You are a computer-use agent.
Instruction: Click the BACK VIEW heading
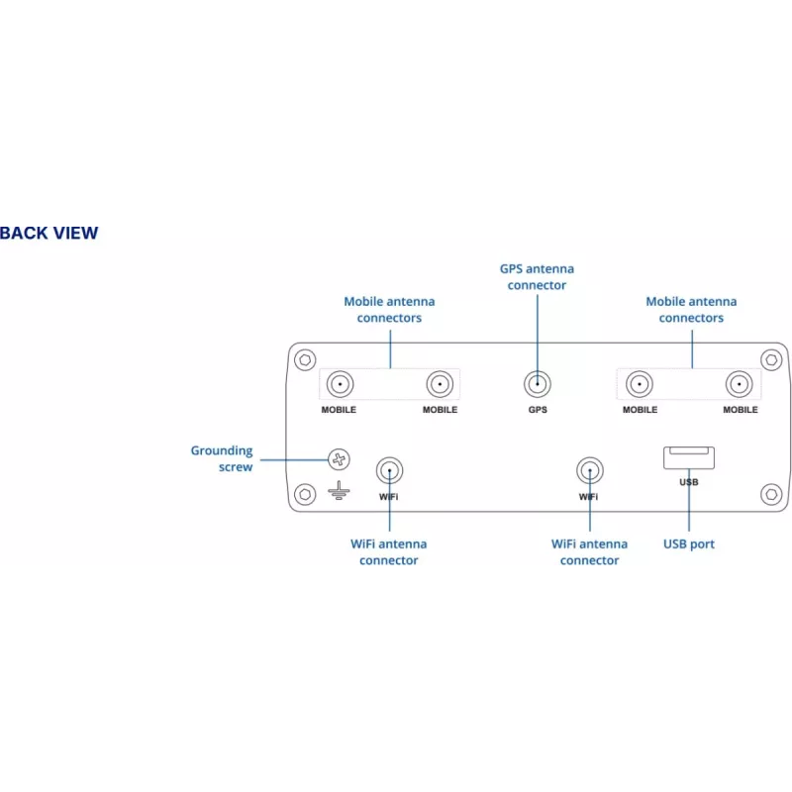(x=49, y=233)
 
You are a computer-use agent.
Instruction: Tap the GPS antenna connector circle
(x=537, y=384)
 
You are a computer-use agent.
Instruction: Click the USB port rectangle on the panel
(x=688, y=457)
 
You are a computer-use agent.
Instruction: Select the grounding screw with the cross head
(x=339, y=459)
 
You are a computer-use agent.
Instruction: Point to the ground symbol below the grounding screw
(x=339, y=490)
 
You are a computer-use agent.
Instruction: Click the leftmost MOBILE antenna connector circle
(x=340, y=384)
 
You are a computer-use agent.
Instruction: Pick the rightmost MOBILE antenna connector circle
(x=739, y=384)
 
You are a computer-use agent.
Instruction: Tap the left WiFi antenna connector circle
(x=389, y=471)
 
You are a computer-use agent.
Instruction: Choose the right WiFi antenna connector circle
(x=589, y=471)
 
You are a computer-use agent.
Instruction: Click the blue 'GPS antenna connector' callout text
(x=537, y=277)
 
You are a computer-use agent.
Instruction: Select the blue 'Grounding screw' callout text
(x=222, y=458)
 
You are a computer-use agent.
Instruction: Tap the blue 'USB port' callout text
(x=688, y=544)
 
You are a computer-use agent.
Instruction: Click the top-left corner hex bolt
(x=305, y=360)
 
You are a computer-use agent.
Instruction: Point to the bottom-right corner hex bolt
(x=771, y=494)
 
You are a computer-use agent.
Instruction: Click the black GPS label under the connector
(x=538, y=410)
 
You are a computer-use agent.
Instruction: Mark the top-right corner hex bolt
(x=771, y=360)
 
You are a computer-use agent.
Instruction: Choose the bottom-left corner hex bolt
(x=305, y=494)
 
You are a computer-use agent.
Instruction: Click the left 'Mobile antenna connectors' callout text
(x=389, y=310)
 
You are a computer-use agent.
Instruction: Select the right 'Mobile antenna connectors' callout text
(x=691, y=310)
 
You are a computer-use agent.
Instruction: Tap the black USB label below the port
(x=689, y=482)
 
